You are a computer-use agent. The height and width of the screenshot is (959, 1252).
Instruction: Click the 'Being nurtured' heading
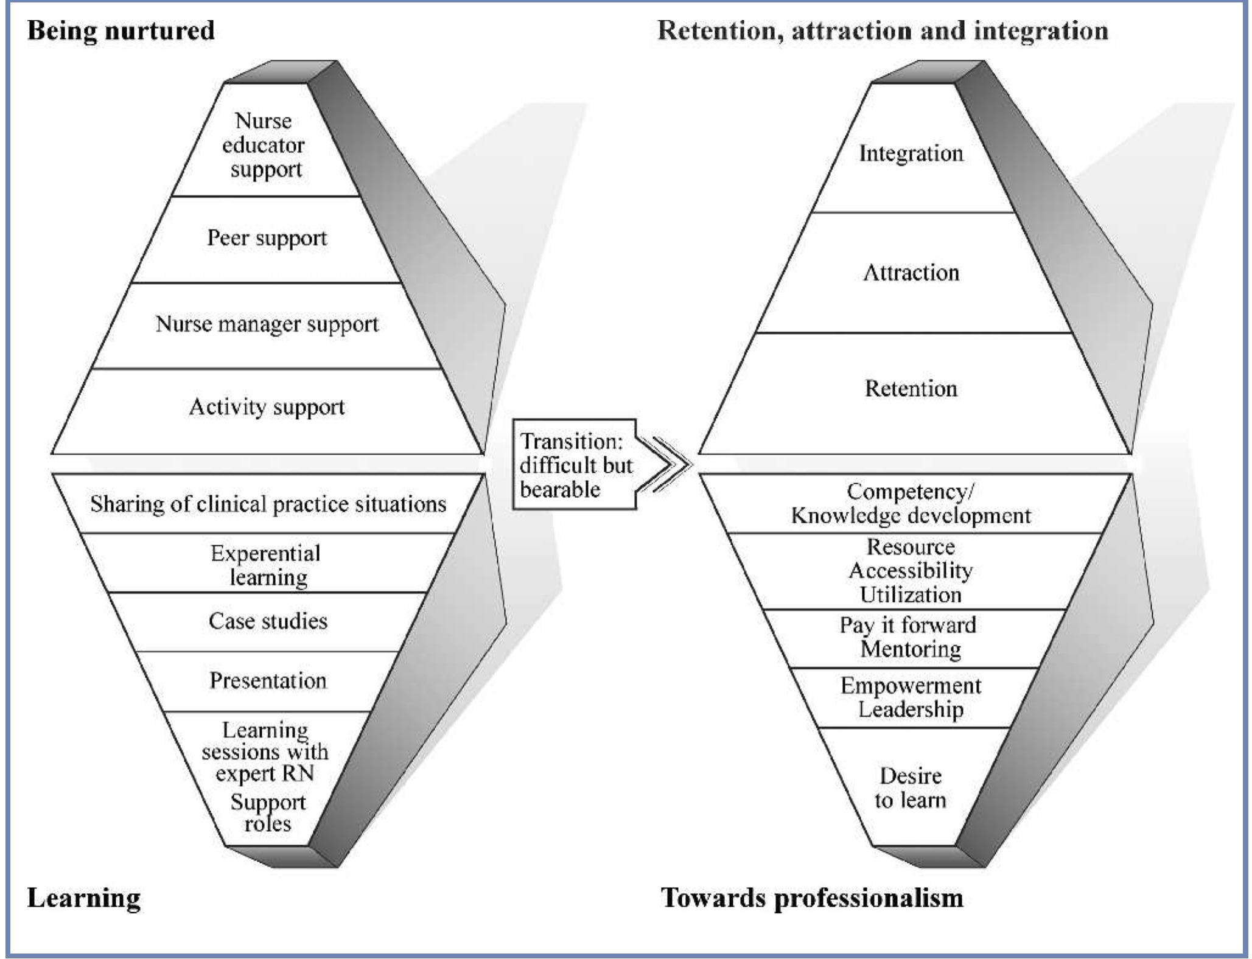pos(121,30)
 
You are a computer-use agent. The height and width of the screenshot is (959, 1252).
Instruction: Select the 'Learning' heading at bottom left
pos(84,898)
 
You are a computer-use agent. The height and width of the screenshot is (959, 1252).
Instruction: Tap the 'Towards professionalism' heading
pos(812,898)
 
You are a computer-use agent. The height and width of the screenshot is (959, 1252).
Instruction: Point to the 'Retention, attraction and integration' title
pos(883,30)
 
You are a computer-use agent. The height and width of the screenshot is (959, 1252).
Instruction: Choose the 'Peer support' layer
pos(267,238)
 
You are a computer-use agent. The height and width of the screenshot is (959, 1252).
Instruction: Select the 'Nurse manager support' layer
pos(267,324)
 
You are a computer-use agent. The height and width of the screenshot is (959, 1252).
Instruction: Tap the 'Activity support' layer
pos(267,407)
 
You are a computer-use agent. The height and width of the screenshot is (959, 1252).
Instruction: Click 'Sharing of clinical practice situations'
pos(268,504)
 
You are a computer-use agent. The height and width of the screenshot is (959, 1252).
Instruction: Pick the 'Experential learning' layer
pos(267,564)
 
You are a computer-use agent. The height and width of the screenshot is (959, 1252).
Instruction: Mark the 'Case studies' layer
pos(268,621)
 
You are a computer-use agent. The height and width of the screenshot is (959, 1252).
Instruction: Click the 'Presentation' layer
pos(268,680)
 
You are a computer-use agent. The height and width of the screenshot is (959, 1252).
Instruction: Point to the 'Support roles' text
pos(268,813)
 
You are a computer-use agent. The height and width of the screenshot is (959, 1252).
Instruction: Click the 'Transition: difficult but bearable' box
pos(575,465)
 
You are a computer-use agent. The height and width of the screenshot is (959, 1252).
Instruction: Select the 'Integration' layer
pos(911,153)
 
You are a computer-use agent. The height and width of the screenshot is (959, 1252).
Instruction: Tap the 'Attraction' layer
pos(911,273)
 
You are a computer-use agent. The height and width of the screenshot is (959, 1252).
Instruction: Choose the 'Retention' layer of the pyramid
pos(911,389)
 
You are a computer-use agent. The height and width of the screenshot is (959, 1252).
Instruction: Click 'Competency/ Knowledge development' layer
pos(911,504)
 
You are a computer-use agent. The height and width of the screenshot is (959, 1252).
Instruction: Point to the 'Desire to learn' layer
pos(911,787)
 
